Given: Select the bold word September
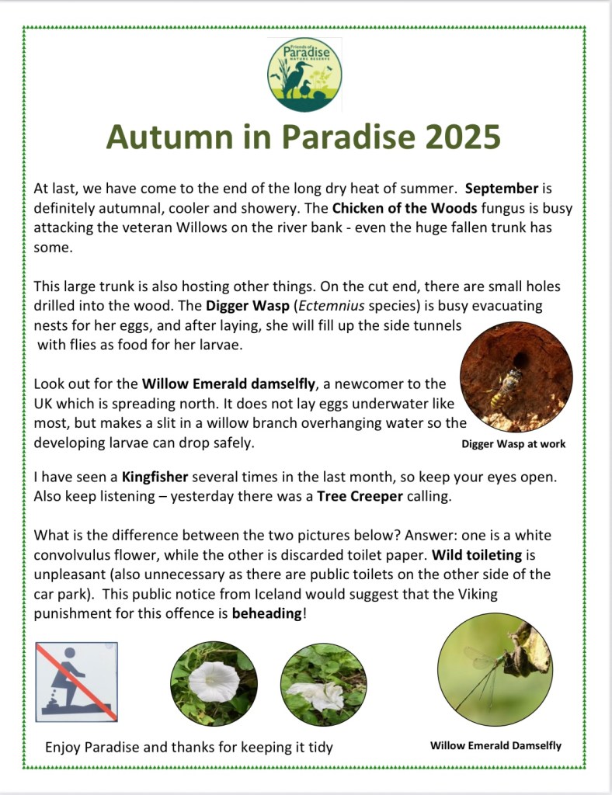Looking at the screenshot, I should (502, 189).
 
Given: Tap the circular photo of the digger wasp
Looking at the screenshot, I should (516, 377).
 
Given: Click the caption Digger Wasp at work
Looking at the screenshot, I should (513, 444).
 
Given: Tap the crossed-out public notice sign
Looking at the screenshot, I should (77, 681).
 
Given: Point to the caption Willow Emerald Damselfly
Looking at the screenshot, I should (496, 745).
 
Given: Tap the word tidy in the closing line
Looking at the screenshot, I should (319, 747).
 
